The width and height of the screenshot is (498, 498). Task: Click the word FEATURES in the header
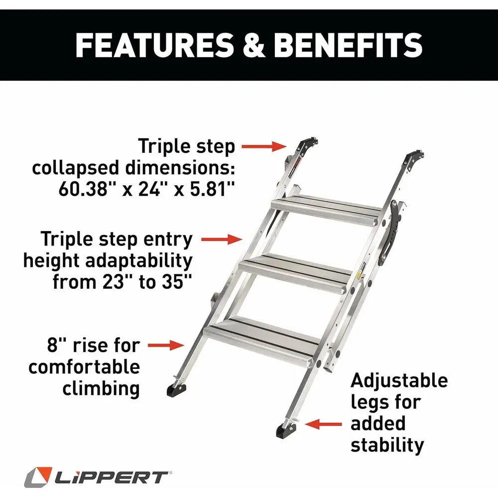154,45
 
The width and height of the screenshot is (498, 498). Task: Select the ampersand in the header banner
254,45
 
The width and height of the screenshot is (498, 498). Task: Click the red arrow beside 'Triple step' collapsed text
263,146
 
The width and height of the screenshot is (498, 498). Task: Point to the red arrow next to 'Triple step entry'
222,239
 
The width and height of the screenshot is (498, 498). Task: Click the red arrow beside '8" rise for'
166,345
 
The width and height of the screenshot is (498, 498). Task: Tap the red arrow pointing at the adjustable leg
324,424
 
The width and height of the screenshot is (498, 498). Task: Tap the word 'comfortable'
84,367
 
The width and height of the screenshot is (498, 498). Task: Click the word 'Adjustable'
399,381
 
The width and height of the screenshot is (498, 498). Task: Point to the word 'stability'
387,445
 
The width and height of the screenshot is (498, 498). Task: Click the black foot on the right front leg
286,431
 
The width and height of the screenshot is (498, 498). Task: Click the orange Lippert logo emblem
38,478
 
